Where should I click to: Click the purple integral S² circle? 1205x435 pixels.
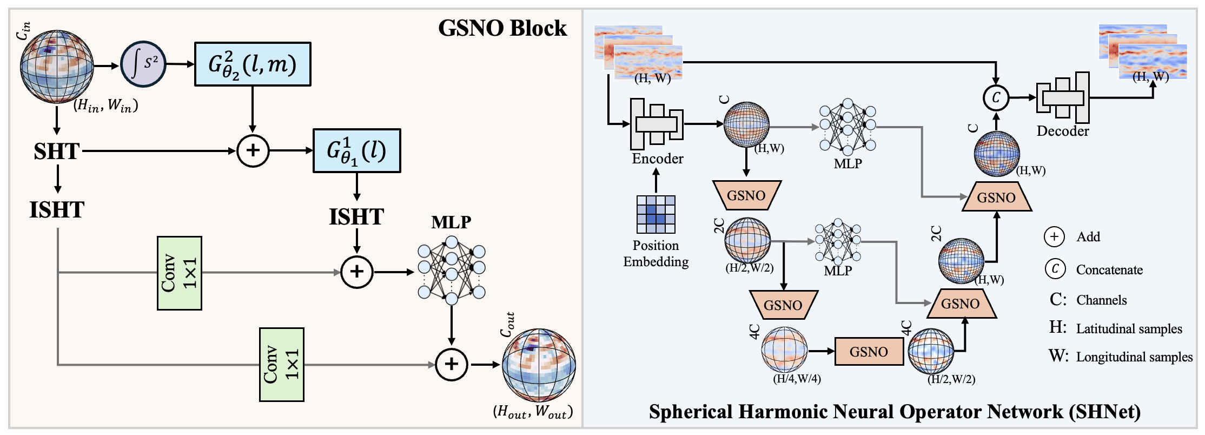tap(143, 64)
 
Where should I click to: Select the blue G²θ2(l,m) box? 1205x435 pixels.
tap(253, 64)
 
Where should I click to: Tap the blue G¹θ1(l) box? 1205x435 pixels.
tap(356, 150)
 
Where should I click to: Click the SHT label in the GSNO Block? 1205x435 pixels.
tap(57, 151)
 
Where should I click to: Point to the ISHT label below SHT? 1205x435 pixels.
tap(57, 209)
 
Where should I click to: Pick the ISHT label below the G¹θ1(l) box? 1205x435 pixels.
tap(356, 216)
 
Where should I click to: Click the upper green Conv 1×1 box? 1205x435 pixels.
tap(180, 273)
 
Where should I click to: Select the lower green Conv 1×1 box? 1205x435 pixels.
tap(281, 364)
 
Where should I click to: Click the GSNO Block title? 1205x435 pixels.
tap(502, 28)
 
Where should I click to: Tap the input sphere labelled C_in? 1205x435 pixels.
tap(57, 67)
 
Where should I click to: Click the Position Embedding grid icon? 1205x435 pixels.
tap(656, 214)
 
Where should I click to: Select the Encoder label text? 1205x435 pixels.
tap(657, 159)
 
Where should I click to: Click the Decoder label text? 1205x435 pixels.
tap(1062, 131)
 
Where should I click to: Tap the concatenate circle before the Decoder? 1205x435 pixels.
tap(996, 98)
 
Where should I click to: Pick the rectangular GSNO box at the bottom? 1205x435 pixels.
tap(869, 352)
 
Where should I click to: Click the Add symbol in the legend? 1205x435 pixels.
tap(1054, 236)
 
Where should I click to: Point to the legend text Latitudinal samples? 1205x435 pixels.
tap(1129, 328)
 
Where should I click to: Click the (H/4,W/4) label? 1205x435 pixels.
tap(797, 379)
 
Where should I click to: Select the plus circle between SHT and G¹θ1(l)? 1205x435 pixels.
tap(253, 150)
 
